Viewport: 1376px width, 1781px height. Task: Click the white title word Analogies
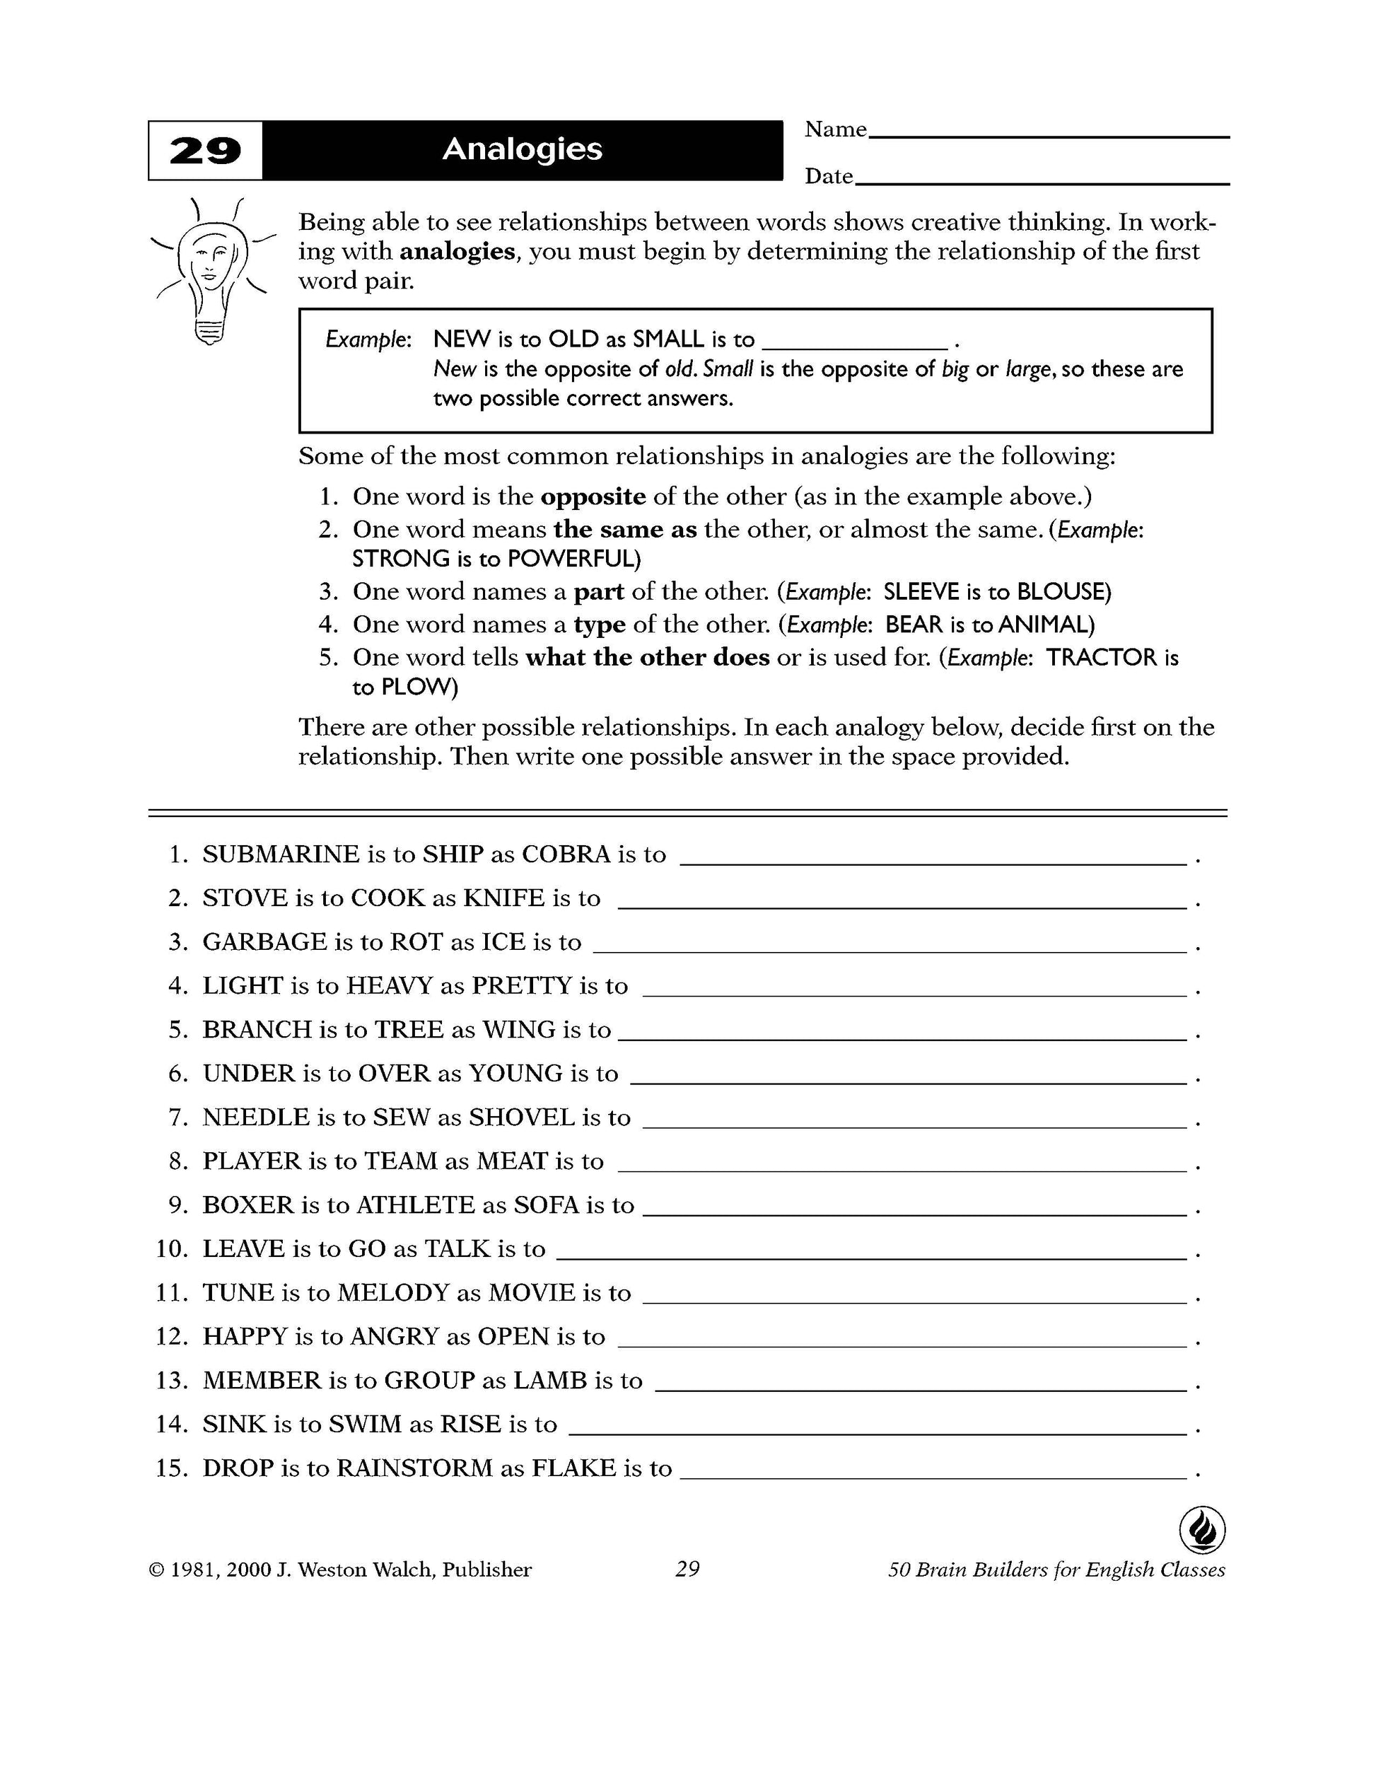click(x=522, y=149)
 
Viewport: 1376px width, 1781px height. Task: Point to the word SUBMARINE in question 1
click(x=281, y=854)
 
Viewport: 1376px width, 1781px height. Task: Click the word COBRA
click(x=566, y=854)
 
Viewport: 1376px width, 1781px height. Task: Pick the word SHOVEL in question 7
click(x=522, y=1118)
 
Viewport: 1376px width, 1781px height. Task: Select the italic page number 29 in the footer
click(x=687, y=1569)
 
